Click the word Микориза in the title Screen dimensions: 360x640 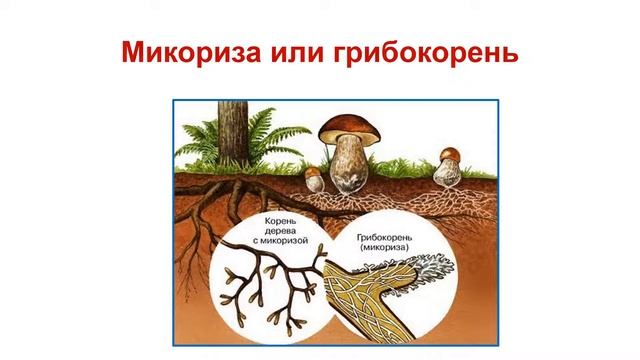[x=190, y=51]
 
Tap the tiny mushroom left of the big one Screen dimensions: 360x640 [x=314, y=179]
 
